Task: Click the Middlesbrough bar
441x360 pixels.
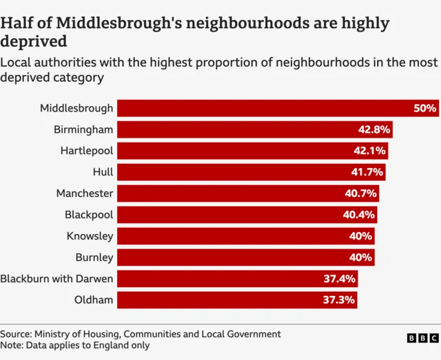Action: click(276, 108)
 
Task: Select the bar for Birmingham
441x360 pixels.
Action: click(255, 129)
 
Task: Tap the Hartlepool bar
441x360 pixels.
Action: click(252, 151)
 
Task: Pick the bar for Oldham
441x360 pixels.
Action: click(237, 300)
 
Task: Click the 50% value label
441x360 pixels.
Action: click(425, 108)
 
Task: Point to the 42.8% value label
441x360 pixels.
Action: click(376, 129)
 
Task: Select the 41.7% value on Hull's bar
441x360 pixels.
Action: click(369, 172)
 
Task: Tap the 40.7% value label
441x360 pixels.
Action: click(361, 193)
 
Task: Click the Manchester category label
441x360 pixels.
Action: click(85, 193)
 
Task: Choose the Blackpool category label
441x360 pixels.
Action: click(89, 215)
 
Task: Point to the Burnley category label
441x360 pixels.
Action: click(94, 257)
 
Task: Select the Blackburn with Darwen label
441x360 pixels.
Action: click(57, 279)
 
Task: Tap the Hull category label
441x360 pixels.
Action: click(103, 172)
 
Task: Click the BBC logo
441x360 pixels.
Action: click(422, 338)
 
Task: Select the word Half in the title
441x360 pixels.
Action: click(17, 23)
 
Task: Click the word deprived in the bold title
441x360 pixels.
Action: click(33, 42)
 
